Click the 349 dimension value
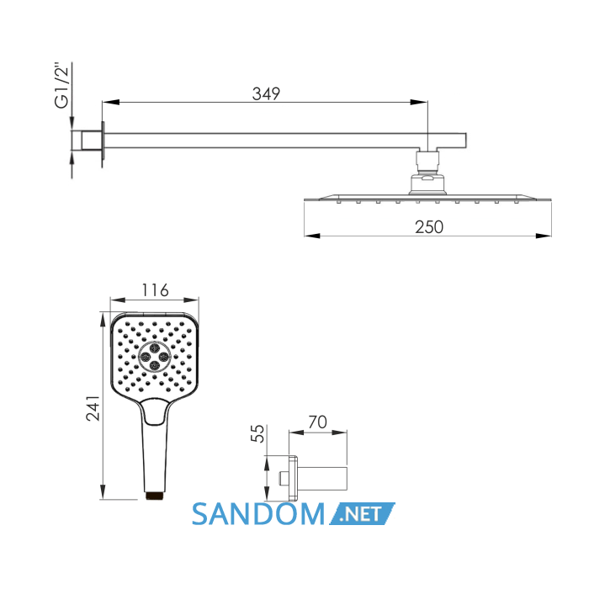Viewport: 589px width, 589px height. [266, 93]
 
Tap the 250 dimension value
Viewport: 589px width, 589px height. [429, 227]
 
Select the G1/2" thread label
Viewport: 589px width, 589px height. [62, 85]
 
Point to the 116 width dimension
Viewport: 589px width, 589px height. [155, 290]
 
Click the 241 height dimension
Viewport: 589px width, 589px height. [93, 407]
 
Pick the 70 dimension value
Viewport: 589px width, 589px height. [318, 422]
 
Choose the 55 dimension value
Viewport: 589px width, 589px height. [257, 433]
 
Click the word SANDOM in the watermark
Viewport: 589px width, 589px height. [258, 514]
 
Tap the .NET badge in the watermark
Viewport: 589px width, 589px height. [362, 513]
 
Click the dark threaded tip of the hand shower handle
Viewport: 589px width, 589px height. [155, 496]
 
